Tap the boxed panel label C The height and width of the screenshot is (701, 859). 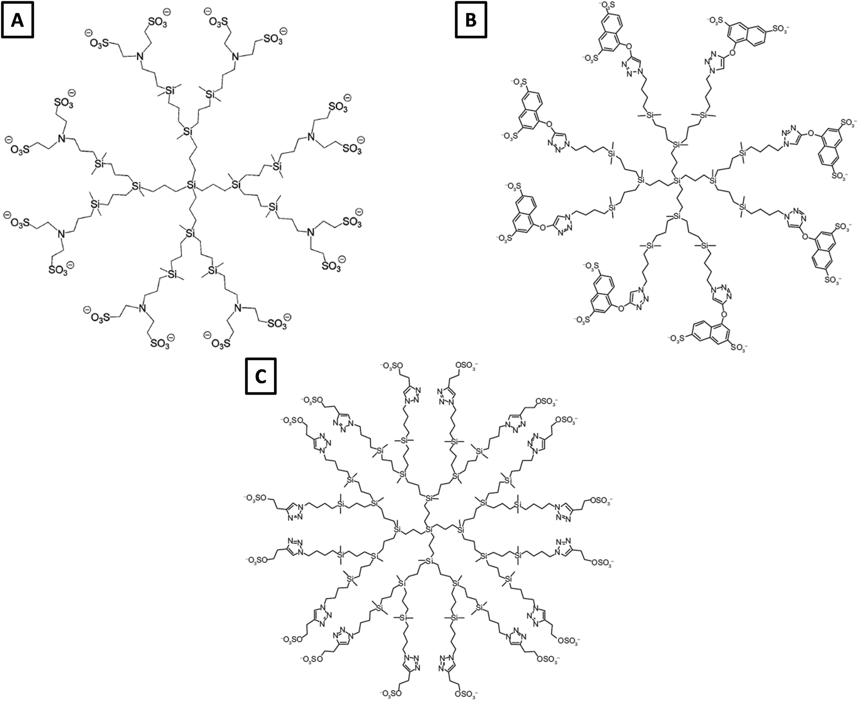[261, 377]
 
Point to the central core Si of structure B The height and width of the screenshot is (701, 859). [677, 181]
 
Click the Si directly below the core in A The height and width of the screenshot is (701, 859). [191, 234]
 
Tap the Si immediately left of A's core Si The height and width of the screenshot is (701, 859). [137, 185]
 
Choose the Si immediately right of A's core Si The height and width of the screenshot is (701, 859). [237, 184]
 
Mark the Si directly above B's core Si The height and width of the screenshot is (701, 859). [676, 144]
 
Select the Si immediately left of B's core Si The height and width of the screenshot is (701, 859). [641, 181]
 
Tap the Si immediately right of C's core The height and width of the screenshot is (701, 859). [460, 529]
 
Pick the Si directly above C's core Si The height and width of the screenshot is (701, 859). [428, 498]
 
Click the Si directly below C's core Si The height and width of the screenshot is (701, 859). [428, 561]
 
